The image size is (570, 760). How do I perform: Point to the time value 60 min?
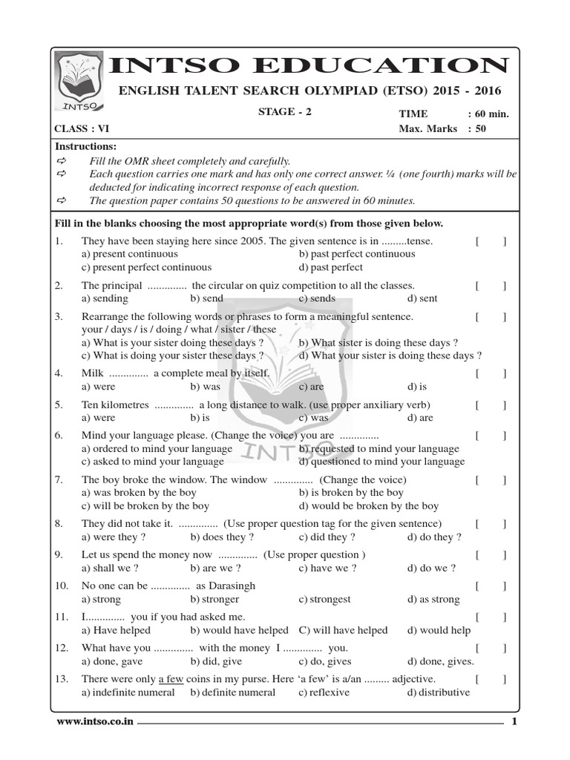[493, 114]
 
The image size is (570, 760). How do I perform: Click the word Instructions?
[86, 147]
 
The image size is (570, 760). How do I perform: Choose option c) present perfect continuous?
[146, 267]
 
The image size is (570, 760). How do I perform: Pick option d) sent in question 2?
[422, 298]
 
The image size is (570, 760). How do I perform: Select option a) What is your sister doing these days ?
[172, 343]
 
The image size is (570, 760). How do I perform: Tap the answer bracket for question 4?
[491, 373]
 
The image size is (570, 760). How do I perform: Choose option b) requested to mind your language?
[379, 448]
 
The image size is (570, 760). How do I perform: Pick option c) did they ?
[327, 537]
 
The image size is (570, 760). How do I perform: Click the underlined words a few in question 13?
[171, 679]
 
